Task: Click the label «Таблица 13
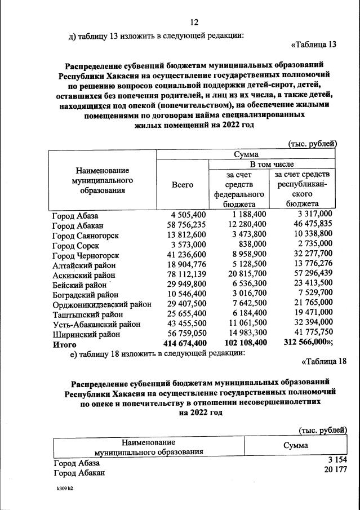[313, 45]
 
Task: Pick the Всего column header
[182, 184]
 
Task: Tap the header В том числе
[273, 164]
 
